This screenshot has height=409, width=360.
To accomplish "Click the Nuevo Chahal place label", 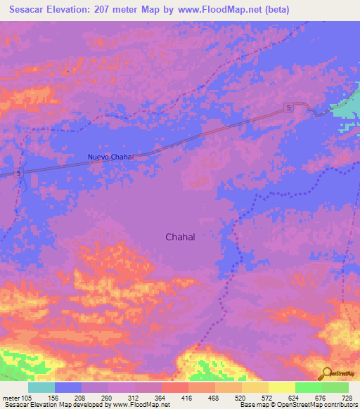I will point(110,156).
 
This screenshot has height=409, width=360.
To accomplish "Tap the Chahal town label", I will point(180,237).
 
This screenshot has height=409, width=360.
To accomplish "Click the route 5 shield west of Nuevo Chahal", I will point(19,172).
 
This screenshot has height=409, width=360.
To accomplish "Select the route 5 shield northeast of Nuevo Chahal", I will point(289,107).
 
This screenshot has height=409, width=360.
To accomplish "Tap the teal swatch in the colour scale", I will point(41,387).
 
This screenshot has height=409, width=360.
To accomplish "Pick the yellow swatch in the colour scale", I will point(282,387).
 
